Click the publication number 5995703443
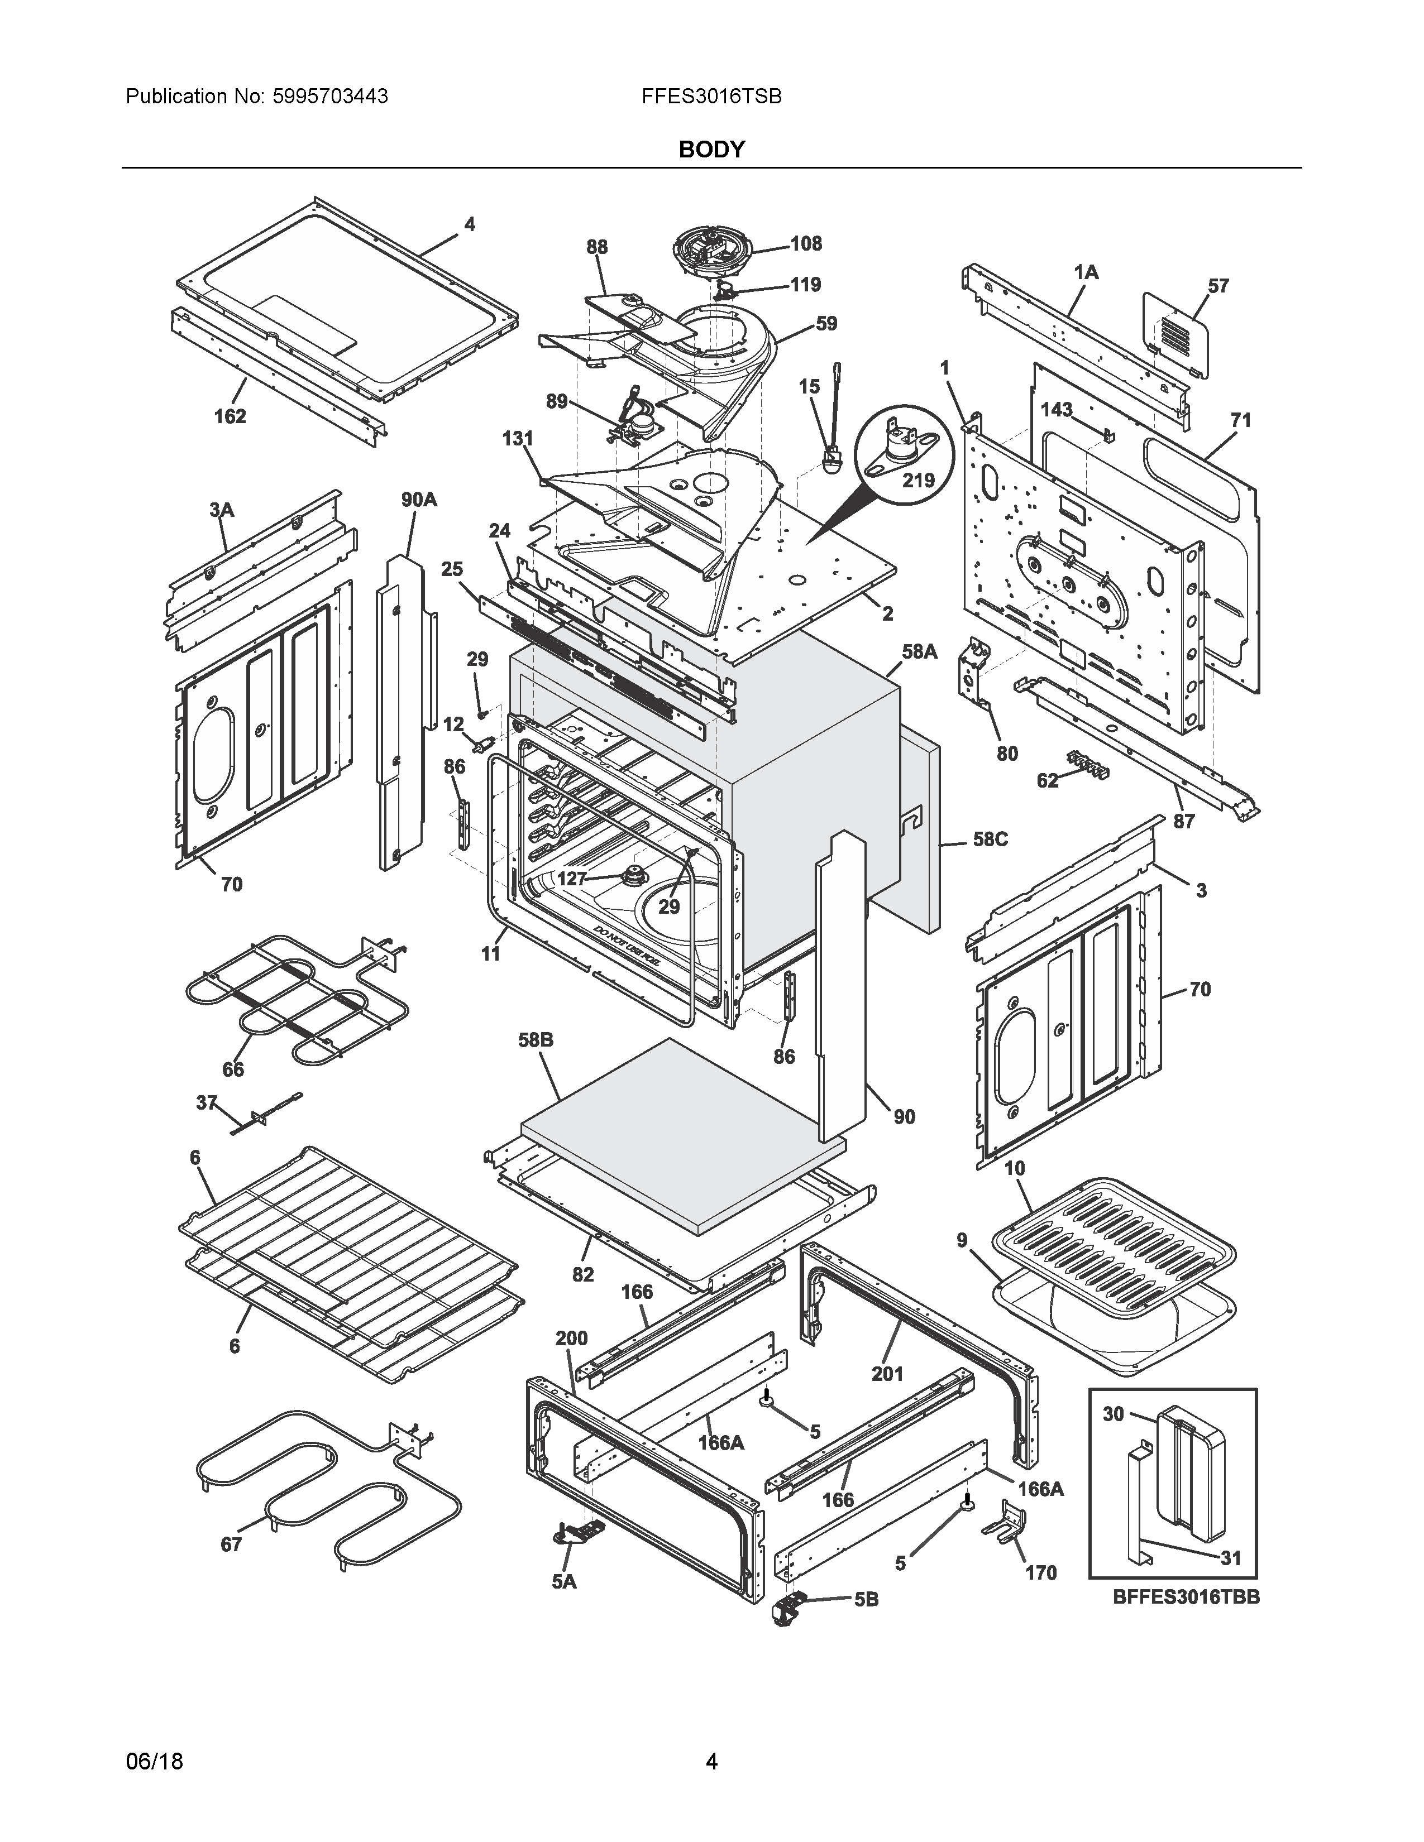pyautogui.click(x=330, y=96)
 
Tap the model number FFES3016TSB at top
pyautogui.click(x=711, y=96)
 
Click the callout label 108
pyautogui.click(x=806, y=244)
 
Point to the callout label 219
pyautogui.click(x=919, y=480)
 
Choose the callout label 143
pyautogui.click(x=1056, y=409)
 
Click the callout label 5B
pyautogui.click(x=866, y=1599)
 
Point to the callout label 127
pyautogui.click(x=571, y=878)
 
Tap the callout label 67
pyautogui.click(x=231, y=1544)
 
